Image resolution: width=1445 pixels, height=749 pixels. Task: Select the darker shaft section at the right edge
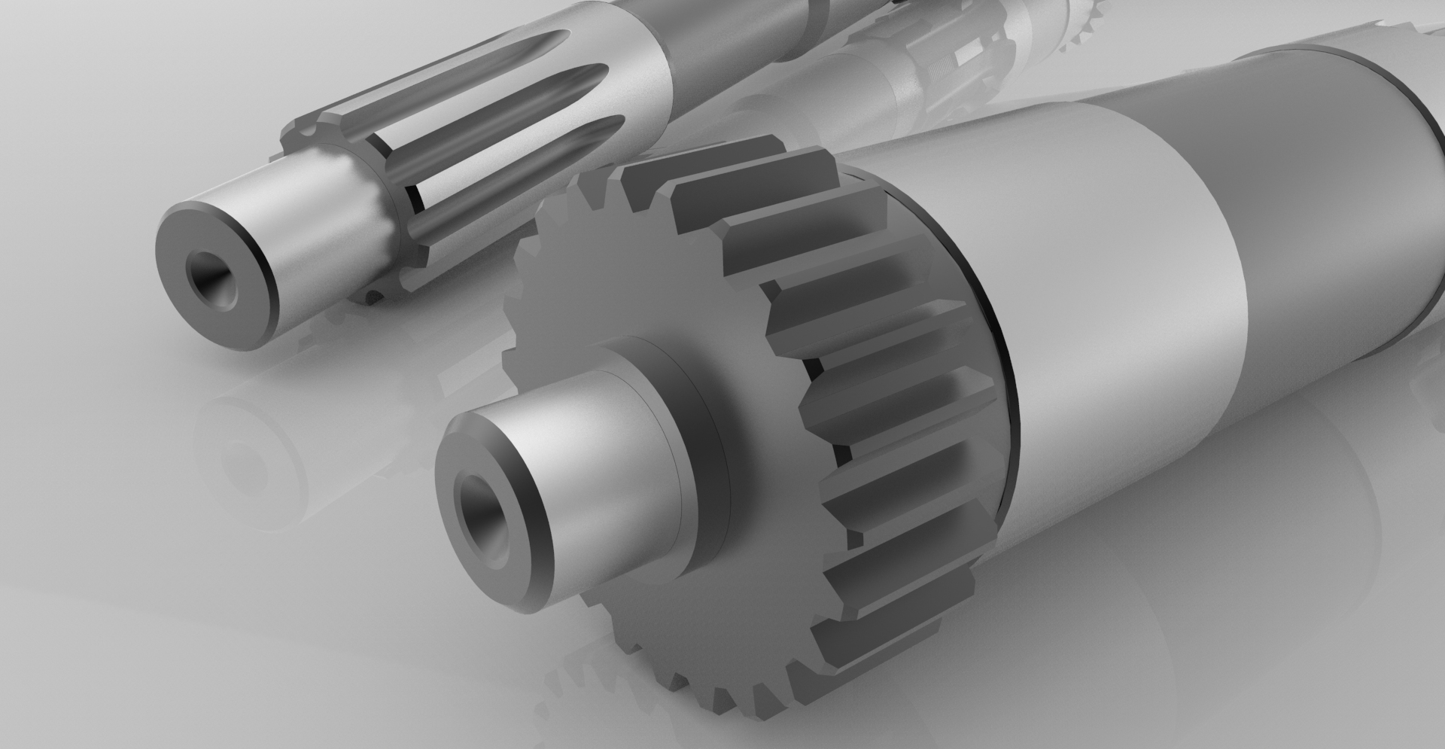tap(1355, 188)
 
